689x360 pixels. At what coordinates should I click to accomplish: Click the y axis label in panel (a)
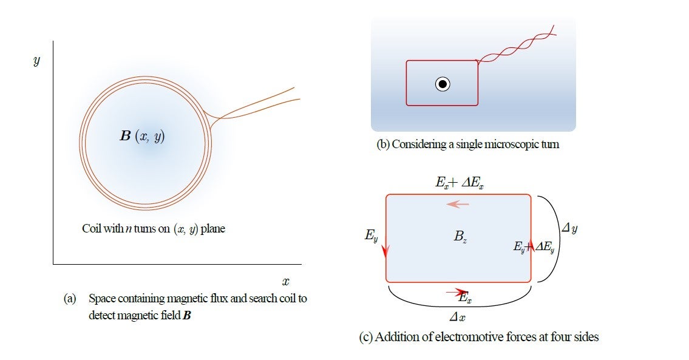[36, 61]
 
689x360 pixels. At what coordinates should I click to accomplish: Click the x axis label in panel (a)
[285, 281]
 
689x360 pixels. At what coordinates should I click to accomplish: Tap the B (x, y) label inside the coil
[143, 136]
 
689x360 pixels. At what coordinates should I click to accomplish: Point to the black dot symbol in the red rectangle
[443, 84]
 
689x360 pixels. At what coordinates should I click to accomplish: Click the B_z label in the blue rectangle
[460, 237]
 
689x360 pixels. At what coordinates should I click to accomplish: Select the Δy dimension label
[569, 229]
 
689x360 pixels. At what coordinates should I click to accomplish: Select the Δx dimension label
[457, 317]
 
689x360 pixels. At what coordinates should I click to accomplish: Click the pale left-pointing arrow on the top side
[458, 205]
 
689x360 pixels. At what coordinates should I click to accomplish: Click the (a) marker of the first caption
[70, 299]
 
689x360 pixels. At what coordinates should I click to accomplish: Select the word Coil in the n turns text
[92, 229]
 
